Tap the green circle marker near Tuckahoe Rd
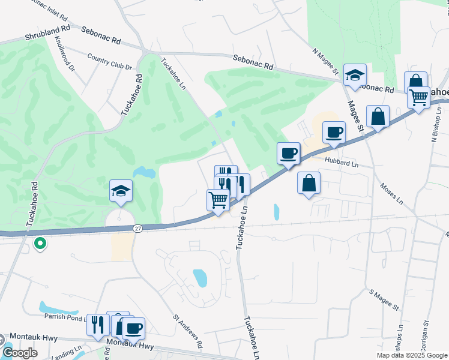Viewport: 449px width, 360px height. (x=40, y=244)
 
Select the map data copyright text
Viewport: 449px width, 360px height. (x=411, y=355)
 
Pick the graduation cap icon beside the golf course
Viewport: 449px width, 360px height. (x=121, y=191)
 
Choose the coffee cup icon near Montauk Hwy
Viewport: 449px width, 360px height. (x=133, y=328)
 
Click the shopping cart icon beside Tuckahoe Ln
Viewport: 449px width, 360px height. (x=218, y=200)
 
